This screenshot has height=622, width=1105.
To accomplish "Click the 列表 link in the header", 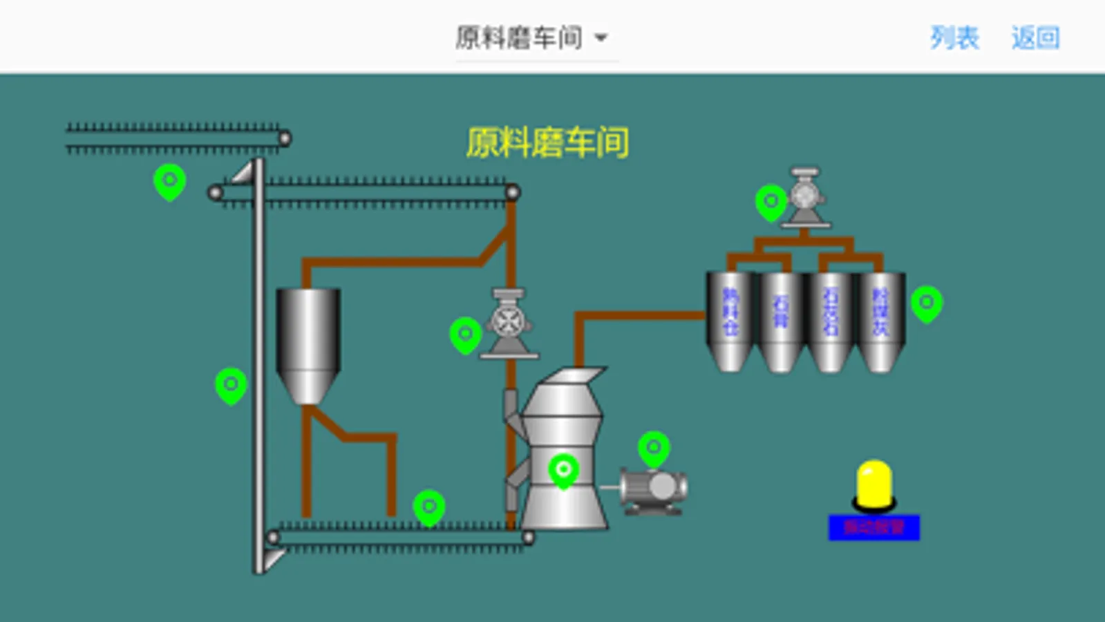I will [x=954, y=37].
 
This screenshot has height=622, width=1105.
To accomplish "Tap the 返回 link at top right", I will [x=1035, y=37].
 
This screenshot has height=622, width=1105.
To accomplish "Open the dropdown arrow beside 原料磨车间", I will [x=601, y=38].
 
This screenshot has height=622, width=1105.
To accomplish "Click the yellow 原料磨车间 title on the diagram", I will [x=547, y=143].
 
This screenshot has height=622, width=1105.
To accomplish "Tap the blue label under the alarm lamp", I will [x=874, y=527].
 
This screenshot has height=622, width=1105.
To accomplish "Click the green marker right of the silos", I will [x=927, y=303].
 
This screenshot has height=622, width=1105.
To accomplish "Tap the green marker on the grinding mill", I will [x=563, y=471].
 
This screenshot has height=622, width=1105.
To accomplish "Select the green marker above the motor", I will [x=654, y=449].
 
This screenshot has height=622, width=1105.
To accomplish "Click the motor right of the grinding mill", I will [x=653, y=489].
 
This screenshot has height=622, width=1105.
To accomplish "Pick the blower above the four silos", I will [x=805, y=198].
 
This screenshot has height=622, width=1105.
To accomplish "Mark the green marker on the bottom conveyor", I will [x=428, y=507].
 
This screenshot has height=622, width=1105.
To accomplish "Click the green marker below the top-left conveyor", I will [x=169, y=182].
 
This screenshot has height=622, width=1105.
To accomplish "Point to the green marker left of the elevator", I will [x=231, y=385].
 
